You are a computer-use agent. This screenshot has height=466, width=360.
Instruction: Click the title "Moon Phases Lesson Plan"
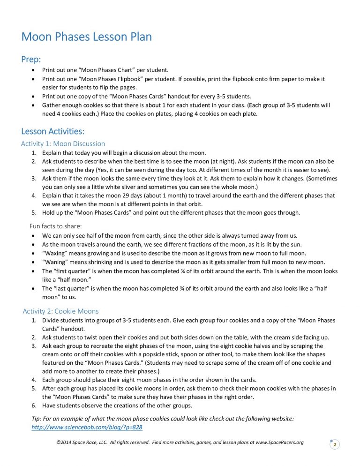(87, 37)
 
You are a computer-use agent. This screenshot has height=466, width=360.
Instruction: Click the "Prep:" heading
(31, 60)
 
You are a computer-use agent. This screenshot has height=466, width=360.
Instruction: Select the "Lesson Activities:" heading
(52, 132)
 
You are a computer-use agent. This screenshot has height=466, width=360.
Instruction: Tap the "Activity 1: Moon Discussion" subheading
(63, 144)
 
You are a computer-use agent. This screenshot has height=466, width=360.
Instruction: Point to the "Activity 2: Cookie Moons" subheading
(61, 311)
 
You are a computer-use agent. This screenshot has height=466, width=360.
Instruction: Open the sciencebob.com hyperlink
(87, 428)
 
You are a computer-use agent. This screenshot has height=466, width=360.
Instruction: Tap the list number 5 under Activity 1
(34, 212)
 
